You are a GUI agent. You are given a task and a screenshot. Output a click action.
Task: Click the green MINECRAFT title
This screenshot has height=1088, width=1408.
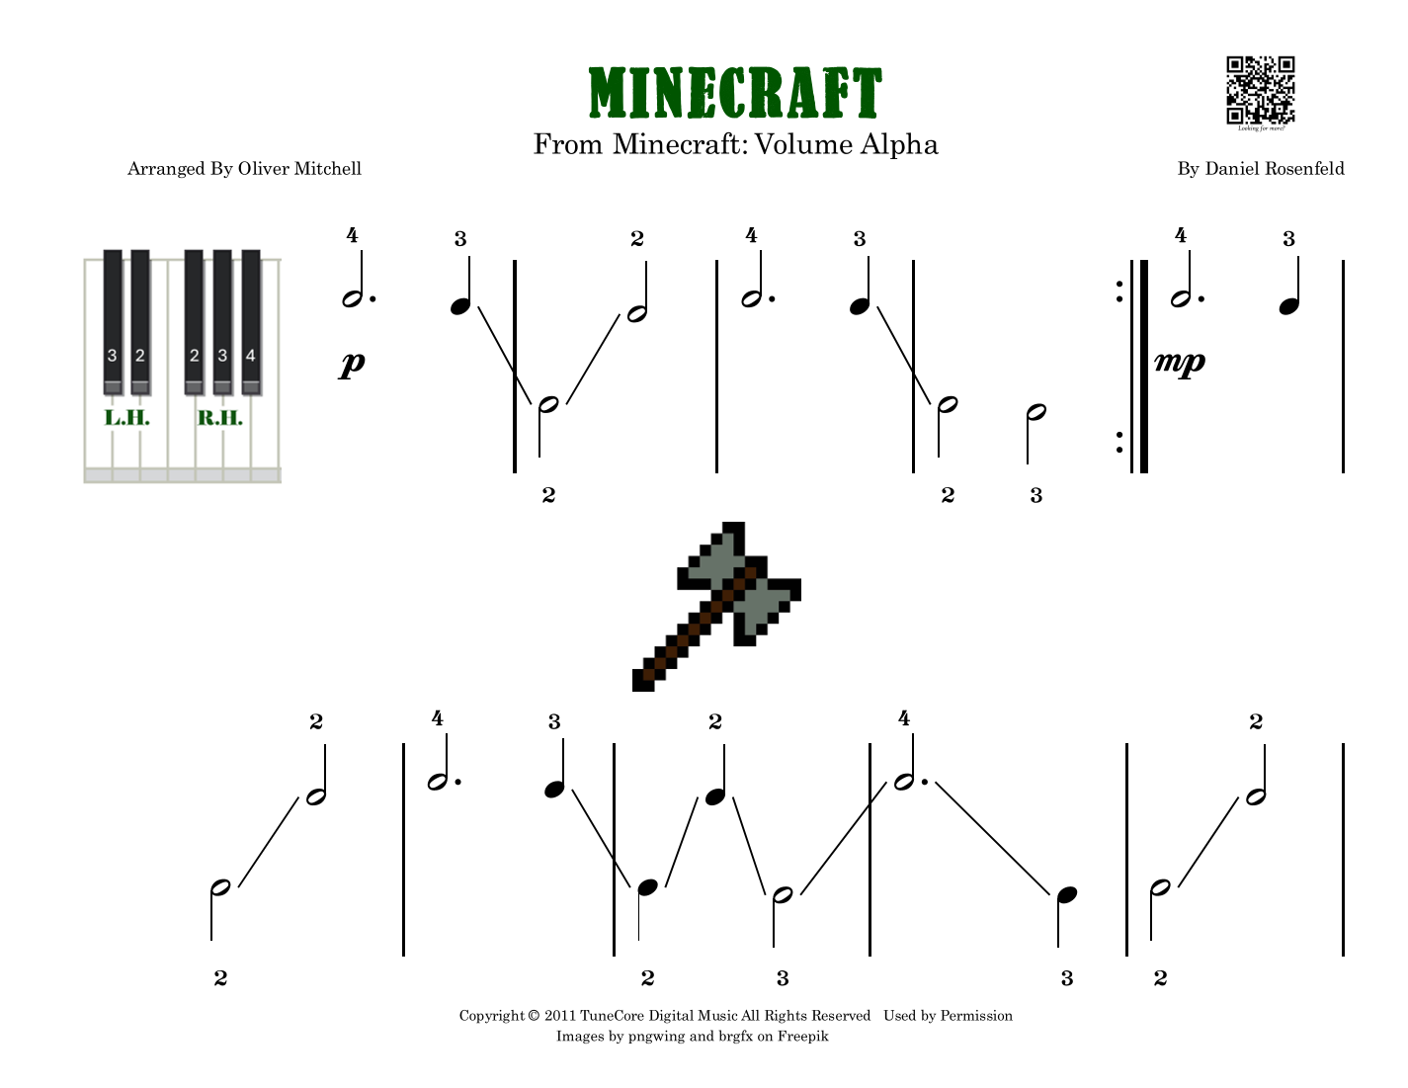734,93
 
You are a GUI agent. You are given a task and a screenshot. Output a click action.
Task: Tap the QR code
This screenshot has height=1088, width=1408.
1260,89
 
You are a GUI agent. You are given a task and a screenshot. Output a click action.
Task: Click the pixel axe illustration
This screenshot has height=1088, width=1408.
716,606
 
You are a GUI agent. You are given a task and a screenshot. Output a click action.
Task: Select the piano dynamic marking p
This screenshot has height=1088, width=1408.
352,364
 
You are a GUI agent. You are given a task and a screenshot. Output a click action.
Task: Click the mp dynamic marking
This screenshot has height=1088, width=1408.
1180,362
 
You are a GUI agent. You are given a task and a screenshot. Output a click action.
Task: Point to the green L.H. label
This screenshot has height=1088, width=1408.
127,418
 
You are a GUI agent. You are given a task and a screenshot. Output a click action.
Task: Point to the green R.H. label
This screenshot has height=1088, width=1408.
219,418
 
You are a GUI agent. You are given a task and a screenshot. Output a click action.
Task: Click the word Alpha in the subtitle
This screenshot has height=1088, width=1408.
899,145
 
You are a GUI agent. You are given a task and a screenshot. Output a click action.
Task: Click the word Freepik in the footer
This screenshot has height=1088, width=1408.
802,1037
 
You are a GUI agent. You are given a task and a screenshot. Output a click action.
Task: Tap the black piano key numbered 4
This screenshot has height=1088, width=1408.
251,316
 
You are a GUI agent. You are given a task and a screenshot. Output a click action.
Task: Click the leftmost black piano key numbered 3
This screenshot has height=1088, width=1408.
113,316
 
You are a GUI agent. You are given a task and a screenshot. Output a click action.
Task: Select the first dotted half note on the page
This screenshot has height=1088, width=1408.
354,297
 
